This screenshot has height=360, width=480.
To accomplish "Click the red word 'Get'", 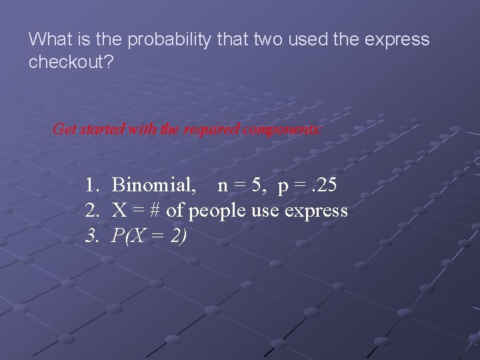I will (65, 129).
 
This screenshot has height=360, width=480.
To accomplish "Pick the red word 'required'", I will (213, 129).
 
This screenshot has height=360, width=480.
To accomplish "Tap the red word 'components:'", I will (282, 129).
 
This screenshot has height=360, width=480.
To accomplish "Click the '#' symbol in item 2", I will (154, 211).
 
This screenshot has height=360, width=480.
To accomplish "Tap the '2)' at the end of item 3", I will (178, 236).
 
